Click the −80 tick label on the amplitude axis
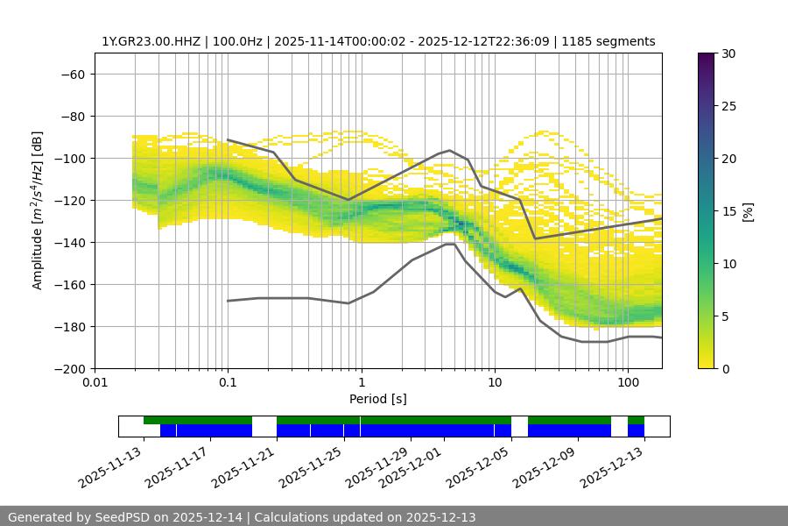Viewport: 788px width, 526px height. click(72, 116)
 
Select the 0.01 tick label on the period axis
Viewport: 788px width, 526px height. click(95, 382)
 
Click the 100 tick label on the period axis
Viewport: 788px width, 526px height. click(627, 382)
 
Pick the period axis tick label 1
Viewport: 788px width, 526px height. click(361, 382)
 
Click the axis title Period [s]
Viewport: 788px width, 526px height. click(377, 399)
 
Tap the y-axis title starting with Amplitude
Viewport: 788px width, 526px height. click(38, 210)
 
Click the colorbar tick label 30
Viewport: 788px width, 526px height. click(728, 53)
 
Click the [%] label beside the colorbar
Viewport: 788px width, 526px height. click(747, 211)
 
